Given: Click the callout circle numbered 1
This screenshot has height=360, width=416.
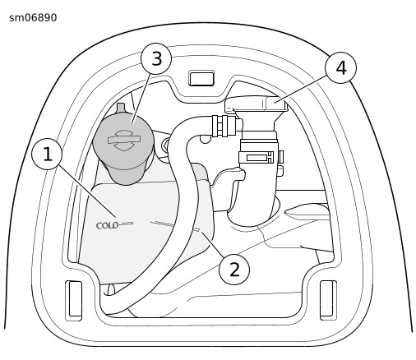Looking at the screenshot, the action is (x=47, y=154).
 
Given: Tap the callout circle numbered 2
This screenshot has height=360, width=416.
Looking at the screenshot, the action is (x=234, y=270).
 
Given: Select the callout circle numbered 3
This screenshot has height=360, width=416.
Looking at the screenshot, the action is (x=156, y=58).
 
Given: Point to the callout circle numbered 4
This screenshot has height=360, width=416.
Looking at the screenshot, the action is (x=341, y=67).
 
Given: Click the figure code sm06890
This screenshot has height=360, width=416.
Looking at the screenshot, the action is (x=33, y=18).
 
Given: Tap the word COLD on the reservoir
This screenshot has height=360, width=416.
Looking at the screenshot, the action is (x=108, y=225).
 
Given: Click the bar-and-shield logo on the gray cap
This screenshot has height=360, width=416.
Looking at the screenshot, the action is (x=124, y=140).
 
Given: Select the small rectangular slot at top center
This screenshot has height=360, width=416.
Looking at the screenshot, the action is (x=201, y=79).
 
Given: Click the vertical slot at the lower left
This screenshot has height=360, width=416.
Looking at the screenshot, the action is (x=74, y=301).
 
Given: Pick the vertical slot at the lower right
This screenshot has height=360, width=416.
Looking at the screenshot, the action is (x=328, y=300).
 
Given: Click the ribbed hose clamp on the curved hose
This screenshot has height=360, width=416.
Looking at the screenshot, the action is (x=224, y=126).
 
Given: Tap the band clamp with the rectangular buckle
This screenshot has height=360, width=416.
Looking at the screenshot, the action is (x=261, y=158).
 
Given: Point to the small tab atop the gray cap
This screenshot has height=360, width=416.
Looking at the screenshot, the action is (x=121, y=108).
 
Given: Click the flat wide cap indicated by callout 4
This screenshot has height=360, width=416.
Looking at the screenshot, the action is (x=257, y=104).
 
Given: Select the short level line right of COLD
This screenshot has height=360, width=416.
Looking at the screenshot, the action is (x=127, y=224).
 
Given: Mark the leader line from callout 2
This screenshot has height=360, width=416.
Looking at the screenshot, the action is (x=213, y=244).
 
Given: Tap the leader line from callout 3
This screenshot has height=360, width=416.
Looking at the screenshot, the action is (x=141, y=98).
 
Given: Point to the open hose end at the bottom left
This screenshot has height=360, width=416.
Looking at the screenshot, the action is (x=110, y=290).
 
